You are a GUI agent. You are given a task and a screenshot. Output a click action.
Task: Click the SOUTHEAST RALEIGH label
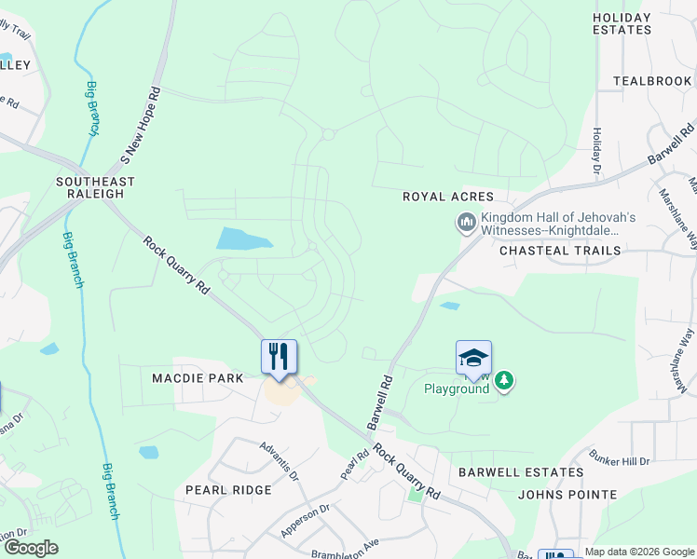[x=95, y=187]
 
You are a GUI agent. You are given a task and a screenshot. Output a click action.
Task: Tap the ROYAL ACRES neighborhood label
[x=440, y=197]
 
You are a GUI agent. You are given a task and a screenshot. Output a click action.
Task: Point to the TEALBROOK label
[x=652, y=81]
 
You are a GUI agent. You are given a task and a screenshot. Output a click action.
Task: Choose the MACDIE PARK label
[x=198, y=378]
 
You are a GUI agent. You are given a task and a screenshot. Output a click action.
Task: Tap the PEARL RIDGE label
[x=228, y=489]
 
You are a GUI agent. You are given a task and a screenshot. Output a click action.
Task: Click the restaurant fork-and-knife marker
[x=279, y=356]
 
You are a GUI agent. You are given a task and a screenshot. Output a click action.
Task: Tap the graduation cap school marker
[x=473, y=358]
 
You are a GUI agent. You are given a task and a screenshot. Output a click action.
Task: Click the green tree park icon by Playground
[x=504, y=380]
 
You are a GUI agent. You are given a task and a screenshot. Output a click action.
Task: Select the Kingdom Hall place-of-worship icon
[x=465, y=222]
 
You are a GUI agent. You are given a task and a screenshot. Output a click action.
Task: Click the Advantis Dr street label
[x=280, y=461]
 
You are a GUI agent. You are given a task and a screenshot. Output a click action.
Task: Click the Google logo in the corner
[x=31, y=548]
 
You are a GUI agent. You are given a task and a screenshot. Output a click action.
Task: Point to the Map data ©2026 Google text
[x=639, y=552]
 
